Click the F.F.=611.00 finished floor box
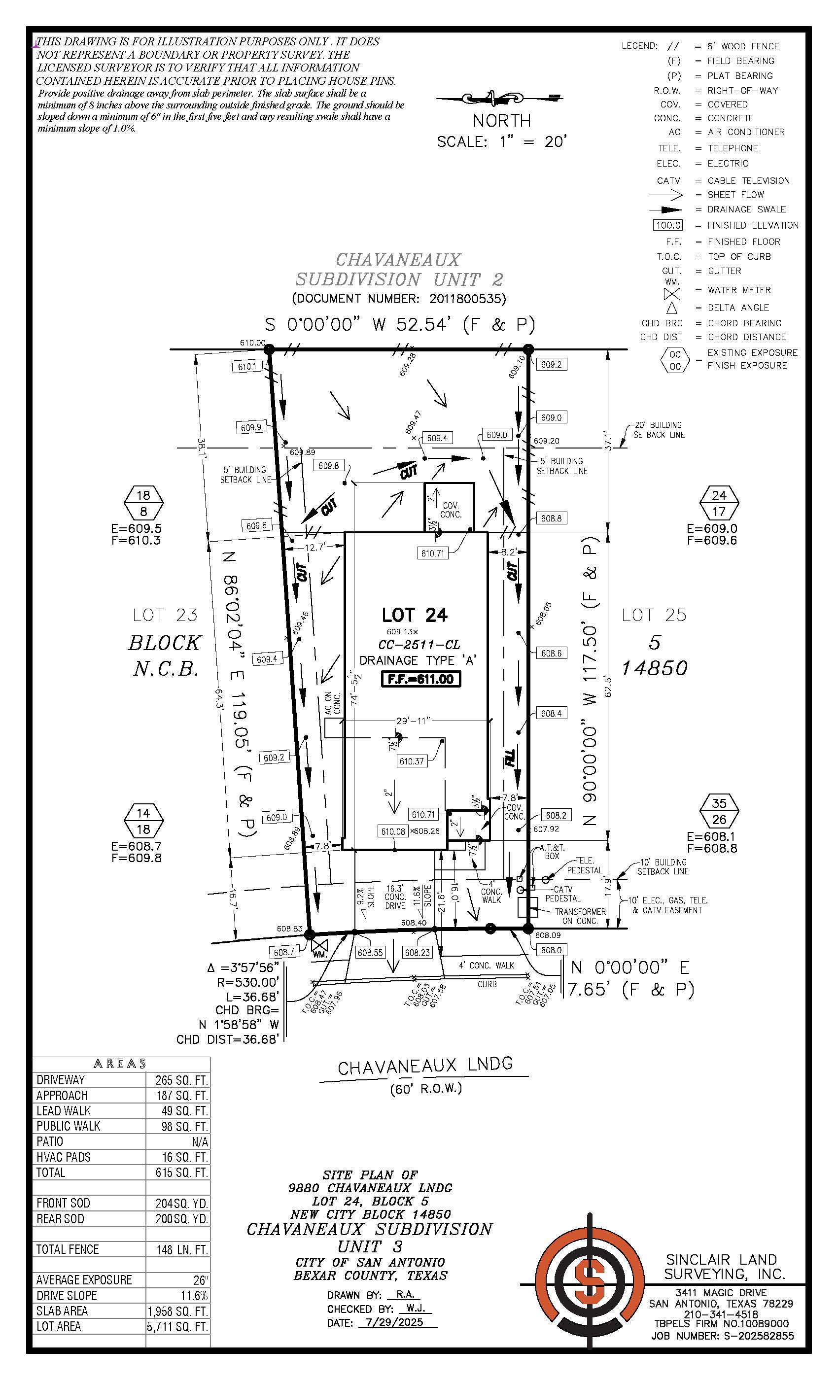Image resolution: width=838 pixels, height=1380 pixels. pos(420,679)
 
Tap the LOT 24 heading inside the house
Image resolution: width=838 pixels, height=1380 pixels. pos(415,615)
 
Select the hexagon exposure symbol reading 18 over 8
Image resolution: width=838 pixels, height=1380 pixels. pos(143,503)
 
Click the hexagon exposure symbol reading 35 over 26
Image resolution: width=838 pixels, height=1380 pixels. pos(719,812)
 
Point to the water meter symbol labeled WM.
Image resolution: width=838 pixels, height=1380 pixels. pos(320,946)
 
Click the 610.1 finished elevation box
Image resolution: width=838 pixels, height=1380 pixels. pos(247,367)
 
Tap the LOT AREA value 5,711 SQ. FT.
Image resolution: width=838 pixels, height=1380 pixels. pos(177,1326)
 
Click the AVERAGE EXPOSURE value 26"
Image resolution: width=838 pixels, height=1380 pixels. pos(201,1280)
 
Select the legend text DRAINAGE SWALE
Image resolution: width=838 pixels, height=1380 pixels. pos(746,209)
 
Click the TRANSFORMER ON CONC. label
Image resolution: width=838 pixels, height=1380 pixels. pos(580,916)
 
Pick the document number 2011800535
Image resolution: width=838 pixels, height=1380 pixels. pos(467,299)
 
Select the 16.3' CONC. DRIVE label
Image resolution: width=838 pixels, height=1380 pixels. pos(395,897)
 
